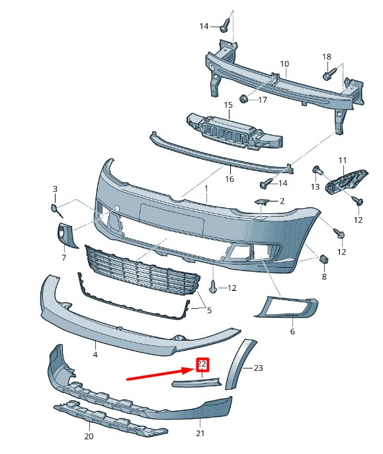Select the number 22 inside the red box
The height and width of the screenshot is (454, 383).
(202, 364)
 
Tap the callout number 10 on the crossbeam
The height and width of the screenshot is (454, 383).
(284, 64)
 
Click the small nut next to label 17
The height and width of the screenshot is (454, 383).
(243, 99)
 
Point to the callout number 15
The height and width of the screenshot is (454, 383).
(228, 105)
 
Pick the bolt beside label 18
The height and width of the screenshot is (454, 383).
(327, 75)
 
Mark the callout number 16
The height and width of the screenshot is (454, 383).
(230, 179)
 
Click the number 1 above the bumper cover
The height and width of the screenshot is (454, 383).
(206, 189)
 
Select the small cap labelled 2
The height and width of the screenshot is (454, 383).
(262, 201)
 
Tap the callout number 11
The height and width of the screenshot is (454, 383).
(342, 160)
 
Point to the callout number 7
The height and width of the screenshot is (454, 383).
(64, 257)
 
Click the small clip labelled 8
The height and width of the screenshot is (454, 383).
(324, 259)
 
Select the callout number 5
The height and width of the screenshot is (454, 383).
(208, 310)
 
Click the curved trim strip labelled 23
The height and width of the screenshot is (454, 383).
(235, 365)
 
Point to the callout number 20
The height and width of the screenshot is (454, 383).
(89, 436)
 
